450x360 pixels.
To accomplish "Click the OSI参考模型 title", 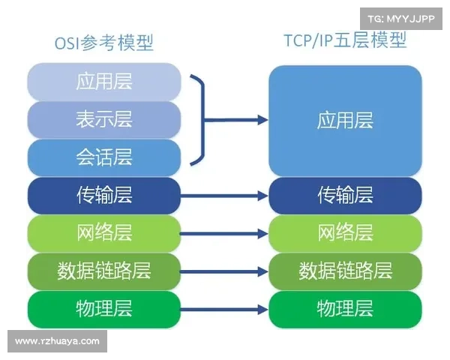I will coord(103,43).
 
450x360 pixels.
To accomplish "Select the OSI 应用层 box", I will coord(103,82).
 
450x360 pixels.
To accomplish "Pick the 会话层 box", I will coord(103,157).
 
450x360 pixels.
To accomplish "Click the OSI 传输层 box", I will coord(103,196).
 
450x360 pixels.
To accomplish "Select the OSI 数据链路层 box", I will coord(103,271).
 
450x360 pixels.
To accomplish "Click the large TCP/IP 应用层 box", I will coord(345,120).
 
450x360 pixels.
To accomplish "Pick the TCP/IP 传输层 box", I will coord(345,196).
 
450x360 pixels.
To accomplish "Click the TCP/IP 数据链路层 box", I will coord(345,271).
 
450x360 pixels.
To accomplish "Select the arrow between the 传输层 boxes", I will coord(224,196).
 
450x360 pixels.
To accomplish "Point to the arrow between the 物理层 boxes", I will coord(224,309).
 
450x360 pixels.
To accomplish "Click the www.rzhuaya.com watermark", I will coord(57,341).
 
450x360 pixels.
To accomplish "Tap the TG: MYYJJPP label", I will coord(401,17).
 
